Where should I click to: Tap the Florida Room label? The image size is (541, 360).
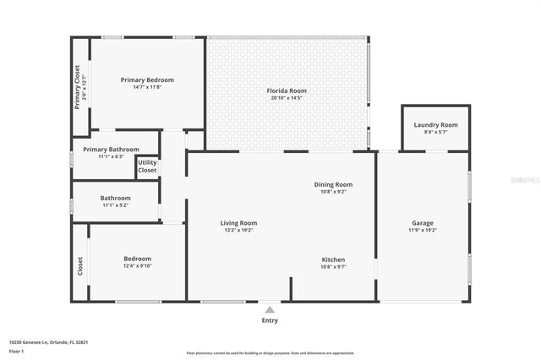click(x=287, y=90)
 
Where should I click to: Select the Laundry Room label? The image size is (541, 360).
click(x=435, y=125)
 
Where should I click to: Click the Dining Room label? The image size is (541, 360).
click(x=333, y=184)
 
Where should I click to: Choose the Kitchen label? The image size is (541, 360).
click(x=333, y=259)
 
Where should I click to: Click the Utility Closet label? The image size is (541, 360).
click(x=147, y=166)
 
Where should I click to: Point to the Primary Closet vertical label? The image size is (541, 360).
click(x=77, y=87)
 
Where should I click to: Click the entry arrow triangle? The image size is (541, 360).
click(x=269, y=309)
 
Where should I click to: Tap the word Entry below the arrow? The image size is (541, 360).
click(x=269, y=320)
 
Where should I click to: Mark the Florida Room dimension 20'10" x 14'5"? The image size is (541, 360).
click(x=287, y=98)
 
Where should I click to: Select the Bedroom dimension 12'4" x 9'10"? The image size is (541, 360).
click(x=137, y=265)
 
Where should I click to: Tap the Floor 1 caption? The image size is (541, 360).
click(x=15, y=350)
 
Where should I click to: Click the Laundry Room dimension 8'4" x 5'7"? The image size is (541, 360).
click(x=435, y=132)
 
